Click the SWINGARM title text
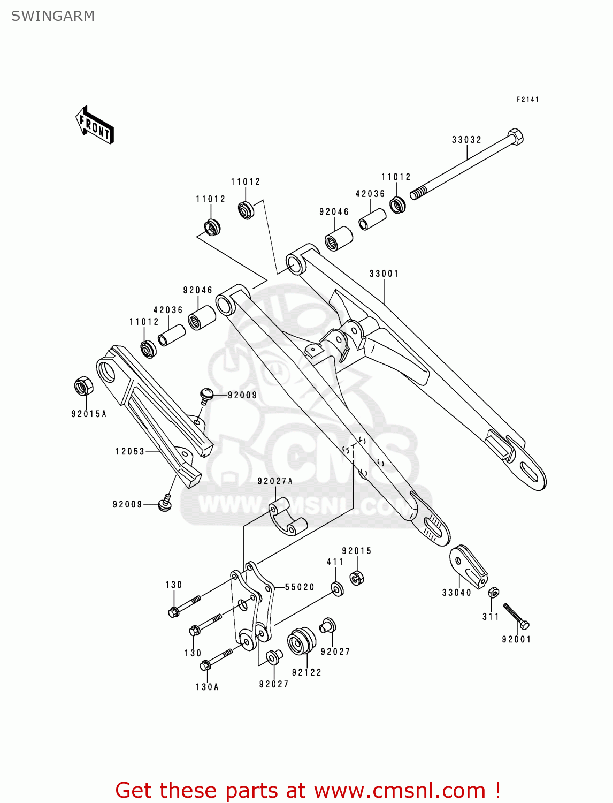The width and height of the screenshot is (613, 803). (52, 16)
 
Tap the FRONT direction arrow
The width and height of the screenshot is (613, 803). (95, 126)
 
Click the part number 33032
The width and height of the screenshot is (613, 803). (466, 140)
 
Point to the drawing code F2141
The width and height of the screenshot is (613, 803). (527, 100)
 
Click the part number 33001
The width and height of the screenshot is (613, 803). (384, 274)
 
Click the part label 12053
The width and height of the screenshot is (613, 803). (130, 451)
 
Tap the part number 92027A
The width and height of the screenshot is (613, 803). (275, 481)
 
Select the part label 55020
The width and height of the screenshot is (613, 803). (300, 587)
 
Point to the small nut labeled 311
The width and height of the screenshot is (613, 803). (494, 593)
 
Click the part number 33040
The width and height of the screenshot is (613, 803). (456, 593)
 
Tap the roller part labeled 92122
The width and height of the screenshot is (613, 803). (302, 641)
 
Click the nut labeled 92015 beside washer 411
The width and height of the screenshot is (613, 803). (357, 578)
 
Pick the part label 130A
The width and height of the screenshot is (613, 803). (207, 687)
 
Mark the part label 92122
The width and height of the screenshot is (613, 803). (306, 672)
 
